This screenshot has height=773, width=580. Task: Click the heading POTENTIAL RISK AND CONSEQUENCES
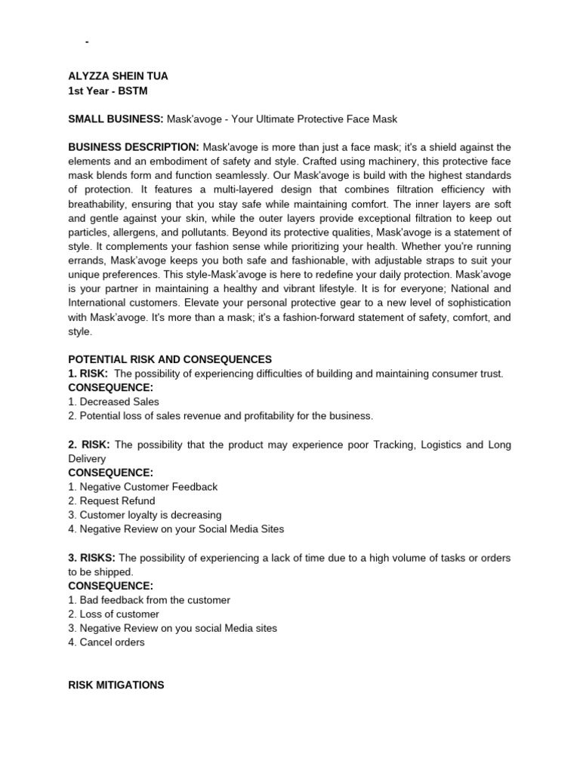click(170, 359)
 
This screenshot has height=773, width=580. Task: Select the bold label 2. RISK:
click(89, 445)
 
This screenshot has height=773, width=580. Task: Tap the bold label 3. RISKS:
click(91, 558)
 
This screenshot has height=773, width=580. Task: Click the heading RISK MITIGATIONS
click(116, 685)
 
